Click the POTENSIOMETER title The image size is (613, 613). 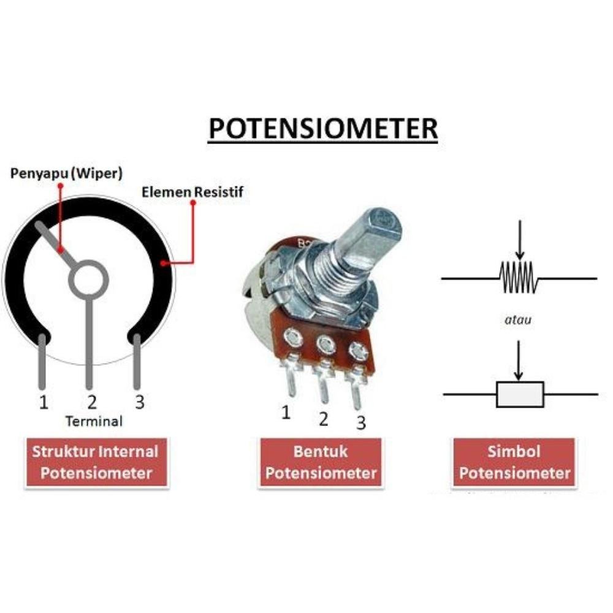point(323,129)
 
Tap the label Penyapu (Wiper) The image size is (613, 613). point(67,173)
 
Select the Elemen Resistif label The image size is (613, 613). point(192,192)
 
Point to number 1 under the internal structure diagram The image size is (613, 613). point(44,403)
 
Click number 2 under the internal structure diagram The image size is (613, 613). point(92,403)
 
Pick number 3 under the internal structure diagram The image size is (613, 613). point(140,403)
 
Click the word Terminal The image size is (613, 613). point(94,421)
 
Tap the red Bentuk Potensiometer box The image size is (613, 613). point(321,462)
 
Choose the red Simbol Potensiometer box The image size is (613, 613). point(514,462)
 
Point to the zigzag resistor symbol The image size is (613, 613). point(519,278)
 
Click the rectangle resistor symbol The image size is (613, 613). point(520,394)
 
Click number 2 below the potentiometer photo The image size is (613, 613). point(323,420)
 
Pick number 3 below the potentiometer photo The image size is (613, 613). point(361,422)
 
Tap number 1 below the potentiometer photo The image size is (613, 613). point(286,413)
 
